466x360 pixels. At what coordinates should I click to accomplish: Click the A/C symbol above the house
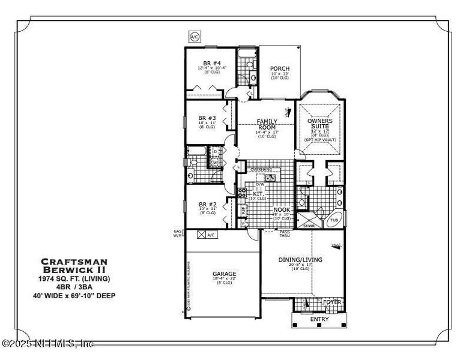(195, 37)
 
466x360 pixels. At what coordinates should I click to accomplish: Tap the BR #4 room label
(211, 63)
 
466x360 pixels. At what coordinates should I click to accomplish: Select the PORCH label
(279, 68)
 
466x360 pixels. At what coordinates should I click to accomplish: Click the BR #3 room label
(207, 118)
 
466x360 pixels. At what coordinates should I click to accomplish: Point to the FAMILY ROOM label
(267, 124)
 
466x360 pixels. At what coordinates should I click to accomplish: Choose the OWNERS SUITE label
(320, 124)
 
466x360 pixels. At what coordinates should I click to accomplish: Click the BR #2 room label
(207, 203)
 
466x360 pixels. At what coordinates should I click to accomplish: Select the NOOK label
(282, 210)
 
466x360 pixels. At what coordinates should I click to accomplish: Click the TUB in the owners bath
(334, 220)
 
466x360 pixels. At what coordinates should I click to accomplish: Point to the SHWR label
(309, 226)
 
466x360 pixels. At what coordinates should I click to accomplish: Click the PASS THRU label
(285, 233)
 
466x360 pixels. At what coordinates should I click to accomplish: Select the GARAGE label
(223, 274)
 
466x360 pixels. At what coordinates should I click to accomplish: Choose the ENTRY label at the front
(319, 319)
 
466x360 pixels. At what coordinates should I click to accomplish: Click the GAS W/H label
(177, 233)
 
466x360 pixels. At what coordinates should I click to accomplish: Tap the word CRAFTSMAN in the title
(74, 261)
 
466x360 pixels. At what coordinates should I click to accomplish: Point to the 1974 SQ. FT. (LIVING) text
(74, 278)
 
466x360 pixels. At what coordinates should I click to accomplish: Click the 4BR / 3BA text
(74, 287)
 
